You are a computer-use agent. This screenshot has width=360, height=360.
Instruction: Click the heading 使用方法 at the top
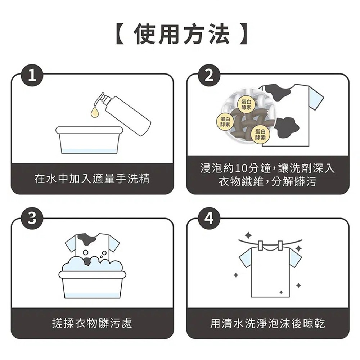point(181,35)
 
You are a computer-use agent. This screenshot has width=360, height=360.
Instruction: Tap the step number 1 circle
point(32,75)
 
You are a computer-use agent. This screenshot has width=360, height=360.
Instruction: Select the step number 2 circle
point(209,75)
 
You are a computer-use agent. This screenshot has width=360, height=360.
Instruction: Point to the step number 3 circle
point(32,219)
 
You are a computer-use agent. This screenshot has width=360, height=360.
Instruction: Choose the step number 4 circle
point(209,219)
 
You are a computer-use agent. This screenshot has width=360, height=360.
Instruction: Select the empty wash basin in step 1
point(89,140)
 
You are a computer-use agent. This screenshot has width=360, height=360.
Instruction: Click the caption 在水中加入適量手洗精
point(92,179)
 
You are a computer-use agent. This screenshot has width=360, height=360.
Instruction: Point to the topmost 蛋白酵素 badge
point(246,104)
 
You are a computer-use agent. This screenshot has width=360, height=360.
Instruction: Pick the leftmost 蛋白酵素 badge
point(225,121)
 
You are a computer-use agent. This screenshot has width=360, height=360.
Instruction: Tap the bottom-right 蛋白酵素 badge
point(260,134)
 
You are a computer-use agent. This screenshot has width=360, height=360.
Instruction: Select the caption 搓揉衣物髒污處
point(92,323)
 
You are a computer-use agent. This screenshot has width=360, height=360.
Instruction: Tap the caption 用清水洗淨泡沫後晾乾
point(268,323)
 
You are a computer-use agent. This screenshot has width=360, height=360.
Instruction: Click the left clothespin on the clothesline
point(260,246)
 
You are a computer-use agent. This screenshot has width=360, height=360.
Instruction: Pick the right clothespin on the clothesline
point(280,246)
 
